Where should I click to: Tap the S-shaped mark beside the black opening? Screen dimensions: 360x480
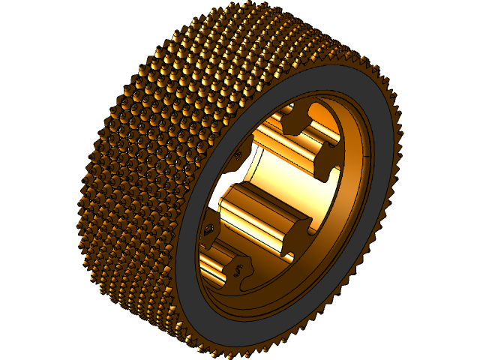(238, 155)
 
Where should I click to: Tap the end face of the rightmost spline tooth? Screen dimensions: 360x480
(327, 162)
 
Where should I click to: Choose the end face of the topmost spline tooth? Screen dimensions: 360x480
(295, 118)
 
